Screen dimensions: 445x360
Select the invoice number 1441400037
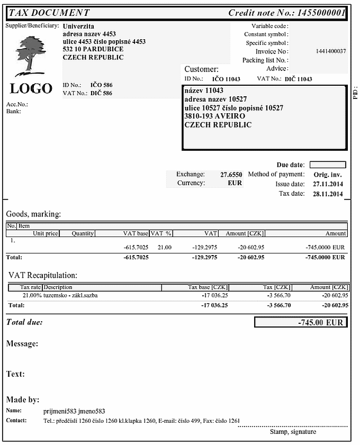pyautogui.click(x=330, y=51)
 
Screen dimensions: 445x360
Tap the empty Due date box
pyautogui.click(x=327, y=165)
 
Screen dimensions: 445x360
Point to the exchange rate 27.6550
pyautogui.click(x=231, y=174)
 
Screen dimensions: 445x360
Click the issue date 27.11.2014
pyautogui.click(x=328, y=184)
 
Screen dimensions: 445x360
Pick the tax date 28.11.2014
pyautogui.click(x=328, y=194)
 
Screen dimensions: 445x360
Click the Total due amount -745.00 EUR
pyautogui.click(x=321, y=322)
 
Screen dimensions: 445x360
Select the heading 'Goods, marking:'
pyautogui.click(x=33, y=214)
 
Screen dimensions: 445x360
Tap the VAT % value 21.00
pyautogui.click(x=165, y=247)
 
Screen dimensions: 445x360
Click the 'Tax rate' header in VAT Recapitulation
pyautogui.click(x=31, y=287)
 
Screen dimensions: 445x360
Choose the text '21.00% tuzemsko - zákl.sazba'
pyautogui.click(x=60, y=295)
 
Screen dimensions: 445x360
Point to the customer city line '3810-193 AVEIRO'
pyautogui.click(x=214, y=116)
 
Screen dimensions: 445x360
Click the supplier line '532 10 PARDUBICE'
pyautogui.click(x=93, y=49)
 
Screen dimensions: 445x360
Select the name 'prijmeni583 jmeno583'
pyautogui.click(x=74, y=411)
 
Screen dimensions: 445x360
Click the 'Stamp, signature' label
pyautogui.click(x=293, y=432)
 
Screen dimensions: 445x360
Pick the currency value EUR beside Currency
pyautogui.click(x=235, y=183)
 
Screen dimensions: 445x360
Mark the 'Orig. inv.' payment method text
pyautogui.click(x=328, y=175)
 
